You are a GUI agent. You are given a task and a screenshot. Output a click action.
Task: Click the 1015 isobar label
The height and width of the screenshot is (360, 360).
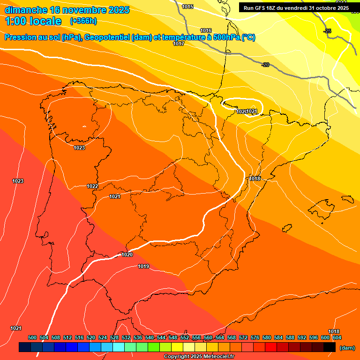click(x=187, y=7)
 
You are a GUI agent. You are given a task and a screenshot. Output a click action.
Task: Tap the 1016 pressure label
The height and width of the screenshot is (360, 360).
click(x=206, y=30)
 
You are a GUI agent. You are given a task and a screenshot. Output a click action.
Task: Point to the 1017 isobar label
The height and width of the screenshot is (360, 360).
click(x=179, y=44)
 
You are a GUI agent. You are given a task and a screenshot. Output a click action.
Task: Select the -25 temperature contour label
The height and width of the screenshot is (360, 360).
click(x=327, y=31)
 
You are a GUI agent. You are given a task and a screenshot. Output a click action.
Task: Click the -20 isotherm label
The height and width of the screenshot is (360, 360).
click(x=265, y=65)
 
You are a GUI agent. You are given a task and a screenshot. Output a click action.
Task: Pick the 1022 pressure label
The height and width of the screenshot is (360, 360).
click(x=92, y=186)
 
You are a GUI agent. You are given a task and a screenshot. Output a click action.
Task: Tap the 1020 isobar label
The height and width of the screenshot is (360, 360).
click(x=127, y=255)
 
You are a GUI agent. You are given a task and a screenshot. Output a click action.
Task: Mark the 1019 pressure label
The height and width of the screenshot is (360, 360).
click(x=143, y=267)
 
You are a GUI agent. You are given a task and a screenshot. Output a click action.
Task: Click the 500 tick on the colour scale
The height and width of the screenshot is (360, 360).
click(x=32, y=337)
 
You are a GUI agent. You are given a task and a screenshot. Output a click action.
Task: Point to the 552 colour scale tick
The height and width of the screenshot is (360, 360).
click(x=185, y=337)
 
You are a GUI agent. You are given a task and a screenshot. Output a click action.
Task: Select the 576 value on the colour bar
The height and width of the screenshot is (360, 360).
click(x=255, y=337)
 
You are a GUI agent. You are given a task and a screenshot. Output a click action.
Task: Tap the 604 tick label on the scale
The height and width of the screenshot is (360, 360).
click(x=337, y=337)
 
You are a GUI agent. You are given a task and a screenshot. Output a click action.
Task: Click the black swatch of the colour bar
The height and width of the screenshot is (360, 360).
click(x=330, y=347)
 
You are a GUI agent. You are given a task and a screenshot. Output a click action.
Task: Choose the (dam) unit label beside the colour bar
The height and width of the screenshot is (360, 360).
click(x=347, y=347)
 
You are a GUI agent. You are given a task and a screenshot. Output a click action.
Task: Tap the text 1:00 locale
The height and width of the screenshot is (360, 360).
click(x=34, y=21)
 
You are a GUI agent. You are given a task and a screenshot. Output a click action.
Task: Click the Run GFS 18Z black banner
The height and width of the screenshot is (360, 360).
click(x=296, y=7)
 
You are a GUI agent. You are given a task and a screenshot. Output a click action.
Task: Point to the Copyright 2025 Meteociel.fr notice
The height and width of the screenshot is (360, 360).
click(x=199, y=357)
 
